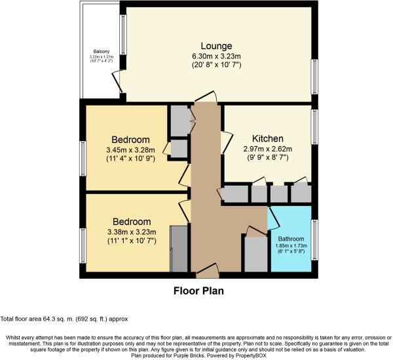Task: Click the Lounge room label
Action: [x=217, y=46]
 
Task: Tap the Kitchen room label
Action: [x=269, y=138]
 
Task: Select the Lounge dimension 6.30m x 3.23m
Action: [x=217, y=56]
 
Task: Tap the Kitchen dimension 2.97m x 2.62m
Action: [x=269, y=149]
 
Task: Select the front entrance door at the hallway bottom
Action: [x=208, y=269]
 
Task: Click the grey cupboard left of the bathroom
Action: [x=255, y=254]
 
